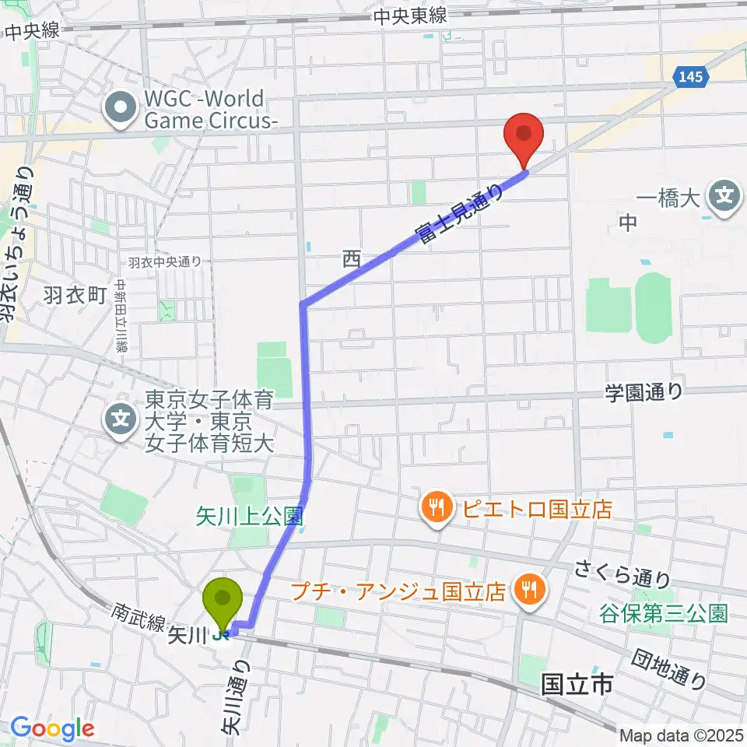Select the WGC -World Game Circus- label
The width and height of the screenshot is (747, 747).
(x=205, y=110)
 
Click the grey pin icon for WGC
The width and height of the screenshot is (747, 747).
(x=122, y=110)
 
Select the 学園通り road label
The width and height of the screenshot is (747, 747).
(x=644, y=392)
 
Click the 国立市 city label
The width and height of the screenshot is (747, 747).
(x=577, y=686)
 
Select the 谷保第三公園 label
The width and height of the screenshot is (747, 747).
(x=663, y=613)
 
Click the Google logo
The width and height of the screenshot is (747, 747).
(x=52, y=728)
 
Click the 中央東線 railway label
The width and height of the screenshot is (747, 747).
(x=410, y=16)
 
